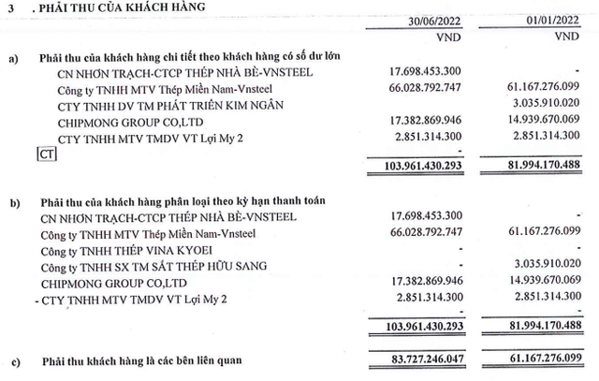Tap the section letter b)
click(12, 200)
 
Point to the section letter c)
click(12, 359)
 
